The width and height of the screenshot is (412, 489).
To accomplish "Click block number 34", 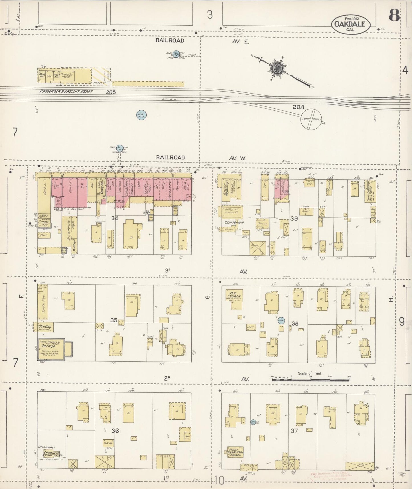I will click(115, 218).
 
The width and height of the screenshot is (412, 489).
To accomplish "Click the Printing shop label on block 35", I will click(45, 327).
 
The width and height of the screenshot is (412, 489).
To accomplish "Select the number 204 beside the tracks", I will click(298, 107).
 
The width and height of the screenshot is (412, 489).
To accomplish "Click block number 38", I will click(295, 323).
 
